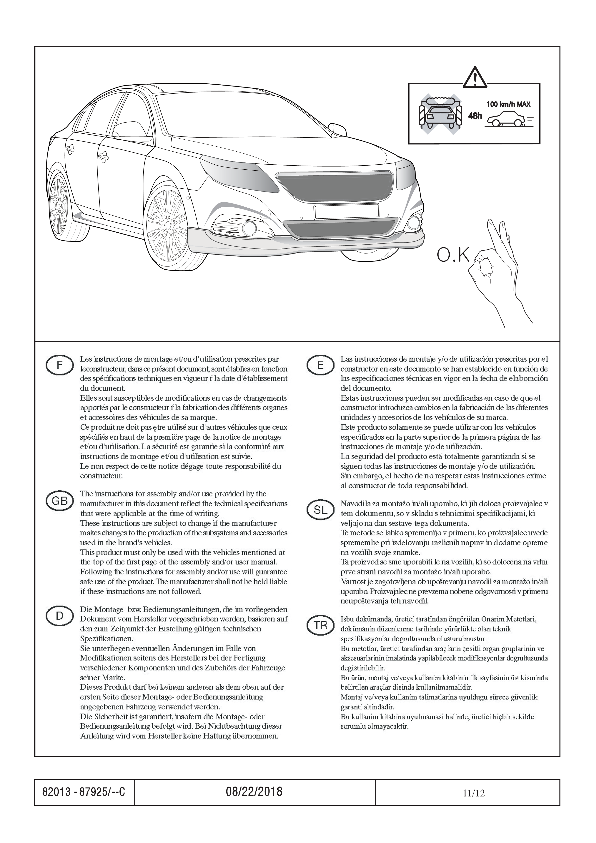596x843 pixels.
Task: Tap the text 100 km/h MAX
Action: coord(508,104)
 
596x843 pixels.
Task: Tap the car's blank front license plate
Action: coord(346,211)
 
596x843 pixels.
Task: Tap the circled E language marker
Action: coord(320,365)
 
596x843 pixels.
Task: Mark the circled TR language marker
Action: coord(320,626)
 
